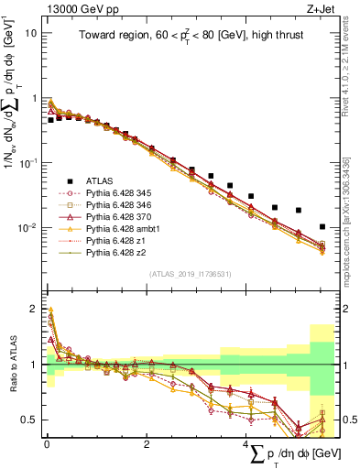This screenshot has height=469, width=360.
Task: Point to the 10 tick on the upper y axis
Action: point(32,33)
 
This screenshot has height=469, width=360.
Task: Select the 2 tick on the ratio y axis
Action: point(33,309)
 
